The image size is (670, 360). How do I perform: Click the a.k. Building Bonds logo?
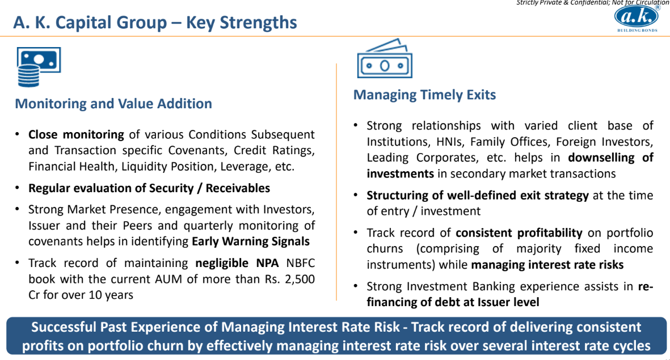tap(637, 19)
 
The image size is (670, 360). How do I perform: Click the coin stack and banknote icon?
tap(39, 67)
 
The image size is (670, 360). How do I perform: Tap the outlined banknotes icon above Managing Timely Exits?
tap(385, 58)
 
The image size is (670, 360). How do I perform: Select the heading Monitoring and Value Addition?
tap(113, 104)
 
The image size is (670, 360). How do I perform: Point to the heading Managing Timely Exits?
tap(424, 94)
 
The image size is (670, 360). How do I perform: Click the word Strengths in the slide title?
tap(258, 23)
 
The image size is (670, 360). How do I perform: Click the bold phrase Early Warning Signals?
tap(251, 242)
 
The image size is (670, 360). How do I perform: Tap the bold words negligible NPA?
tap(237, 263)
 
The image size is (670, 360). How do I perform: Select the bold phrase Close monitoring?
tap(76, 135)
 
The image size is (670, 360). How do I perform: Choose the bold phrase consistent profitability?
tap(519, 233)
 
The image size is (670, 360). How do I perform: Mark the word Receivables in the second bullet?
tap(238, 188)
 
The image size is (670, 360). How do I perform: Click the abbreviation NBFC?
tap(300, 263)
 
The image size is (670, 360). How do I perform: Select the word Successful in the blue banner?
tap(64, 327)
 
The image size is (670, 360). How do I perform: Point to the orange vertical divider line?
tap(336, 182)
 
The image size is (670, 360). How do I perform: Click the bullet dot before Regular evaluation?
tap(17, 188)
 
